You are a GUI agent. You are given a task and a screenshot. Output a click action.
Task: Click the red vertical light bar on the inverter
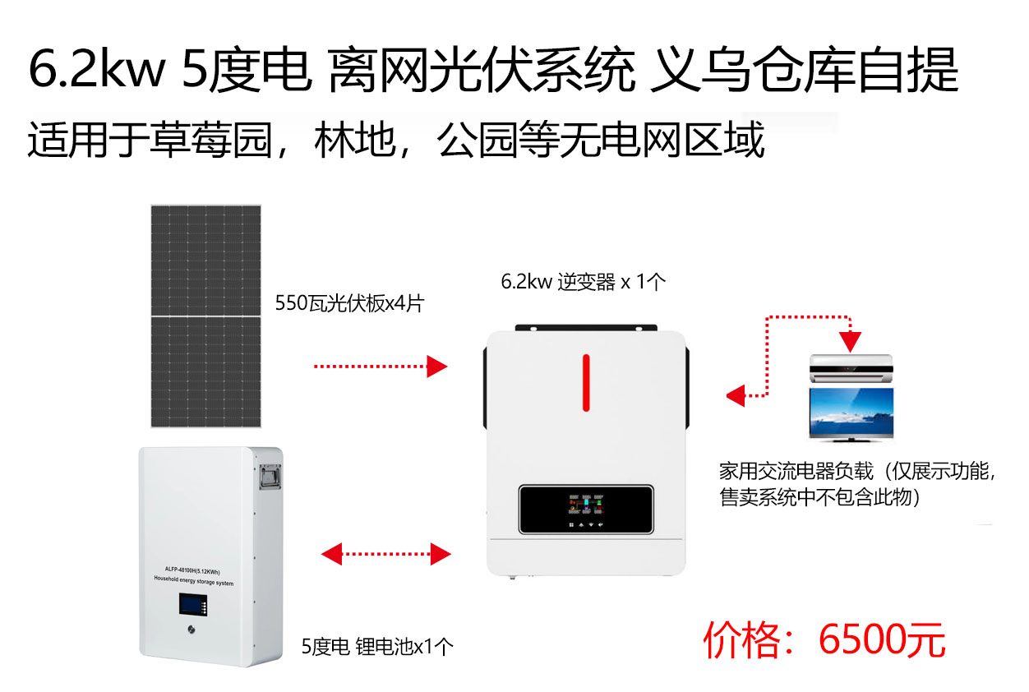pos(586,383)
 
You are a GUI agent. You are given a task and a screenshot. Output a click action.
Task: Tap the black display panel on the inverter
pos(586,509)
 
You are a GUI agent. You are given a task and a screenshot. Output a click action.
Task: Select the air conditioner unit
pos(851,368)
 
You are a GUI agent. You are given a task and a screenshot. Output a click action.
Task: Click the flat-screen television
pos(851,414)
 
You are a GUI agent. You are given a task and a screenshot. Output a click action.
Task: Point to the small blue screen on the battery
pos(193,604)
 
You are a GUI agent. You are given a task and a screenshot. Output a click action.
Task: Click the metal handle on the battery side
pos(270,477)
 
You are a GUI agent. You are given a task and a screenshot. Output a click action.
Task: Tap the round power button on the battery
pos(191,630)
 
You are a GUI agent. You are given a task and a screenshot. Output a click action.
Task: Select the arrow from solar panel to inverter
pos(381,367)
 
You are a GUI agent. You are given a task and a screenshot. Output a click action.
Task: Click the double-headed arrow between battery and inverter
pos(386,554)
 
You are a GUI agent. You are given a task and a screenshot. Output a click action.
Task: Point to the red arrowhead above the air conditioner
pos(850,341)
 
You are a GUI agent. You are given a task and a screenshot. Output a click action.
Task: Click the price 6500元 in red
pos(882,640)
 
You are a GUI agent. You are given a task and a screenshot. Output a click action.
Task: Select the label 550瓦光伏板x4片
pos(349,303)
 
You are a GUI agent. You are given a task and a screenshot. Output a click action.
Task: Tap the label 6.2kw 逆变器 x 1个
pos(583,282)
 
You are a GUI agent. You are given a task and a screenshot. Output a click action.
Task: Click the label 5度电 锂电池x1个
pos(377,647)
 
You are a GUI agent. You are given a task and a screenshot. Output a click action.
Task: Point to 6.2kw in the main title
pos(97,69)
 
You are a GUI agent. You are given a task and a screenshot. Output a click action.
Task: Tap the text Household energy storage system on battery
pos(193,580)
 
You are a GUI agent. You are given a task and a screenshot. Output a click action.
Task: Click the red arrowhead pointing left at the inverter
pos(736,395)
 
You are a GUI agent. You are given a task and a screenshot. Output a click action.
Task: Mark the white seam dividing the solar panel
pos(205,316)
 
